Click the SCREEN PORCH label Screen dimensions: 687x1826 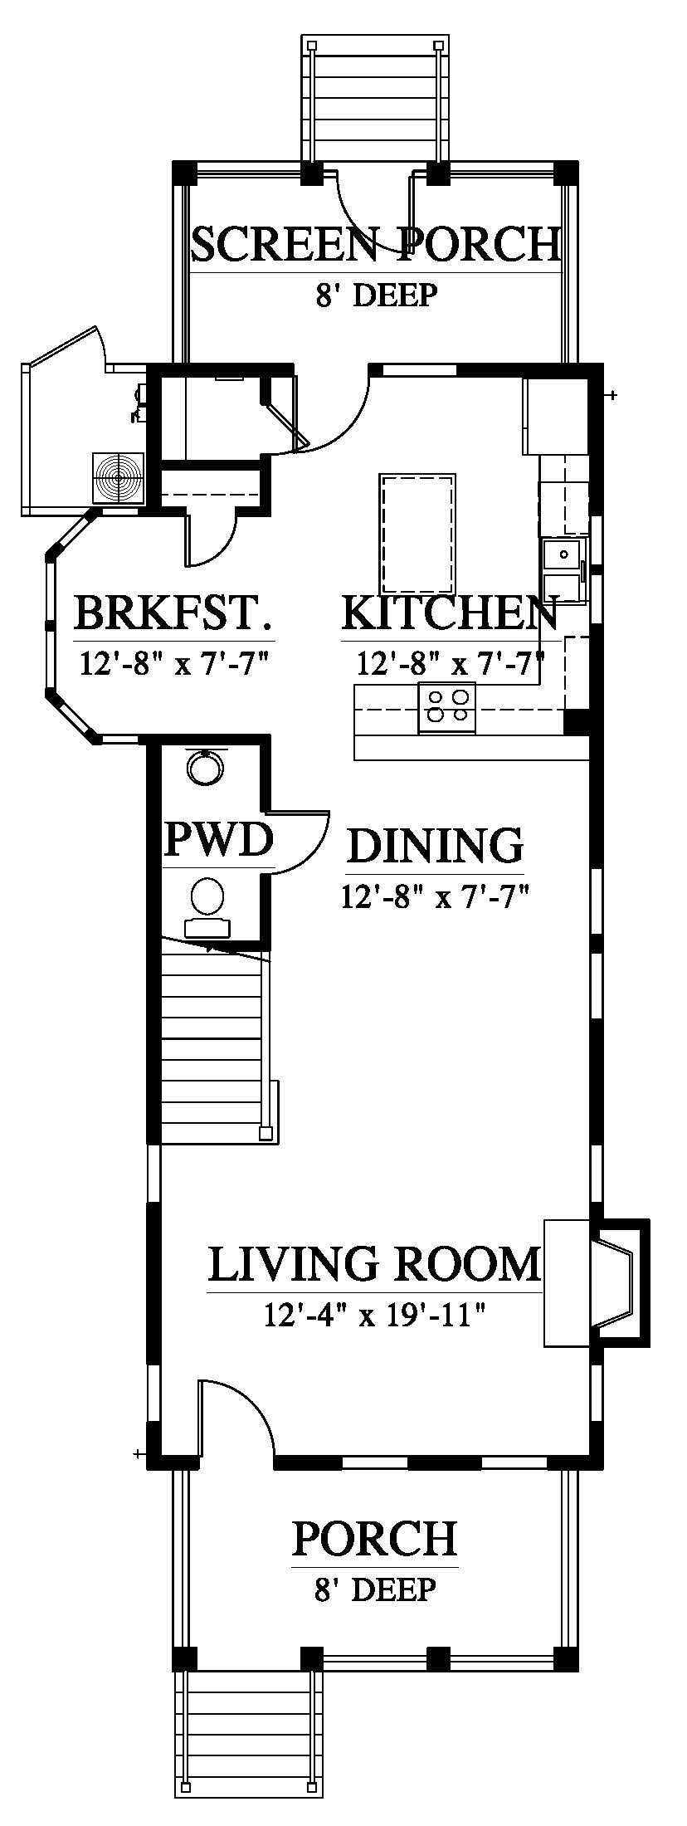(376, 244)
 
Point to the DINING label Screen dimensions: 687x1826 (436, 845)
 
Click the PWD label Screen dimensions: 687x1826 (219, 839)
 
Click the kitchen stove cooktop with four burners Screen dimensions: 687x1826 (448, 708)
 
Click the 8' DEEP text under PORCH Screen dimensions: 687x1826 (375, 1589)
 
